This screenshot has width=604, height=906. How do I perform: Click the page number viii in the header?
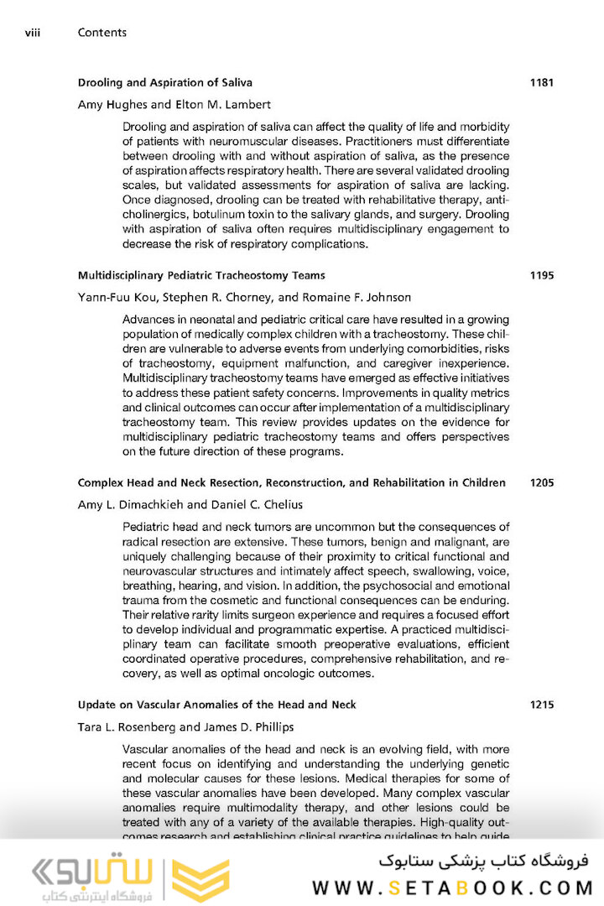34,33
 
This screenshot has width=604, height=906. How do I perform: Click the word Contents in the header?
102,33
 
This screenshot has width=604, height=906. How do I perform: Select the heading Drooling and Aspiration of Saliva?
164,83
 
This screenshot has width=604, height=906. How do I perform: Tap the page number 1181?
542,83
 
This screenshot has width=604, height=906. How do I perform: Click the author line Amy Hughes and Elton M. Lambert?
174,105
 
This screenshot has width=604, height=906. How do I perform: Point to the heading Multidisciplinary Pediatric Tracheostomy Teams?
201,275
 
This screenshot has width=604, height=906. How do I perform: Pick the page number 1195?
542,275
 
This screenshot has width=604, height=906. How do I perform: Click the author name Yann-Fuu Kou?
114,297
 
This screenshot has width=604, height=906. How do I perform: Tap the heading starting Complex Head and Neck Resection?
291,482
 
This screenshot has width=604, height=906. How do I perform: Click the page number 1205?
542,482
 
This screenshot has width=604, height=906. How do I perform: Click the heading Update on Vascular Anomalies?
216,705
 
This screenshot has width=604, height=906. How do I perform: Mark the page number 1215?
542,705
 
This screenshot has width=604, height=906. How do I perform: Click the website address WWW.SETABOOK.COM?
452,888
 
